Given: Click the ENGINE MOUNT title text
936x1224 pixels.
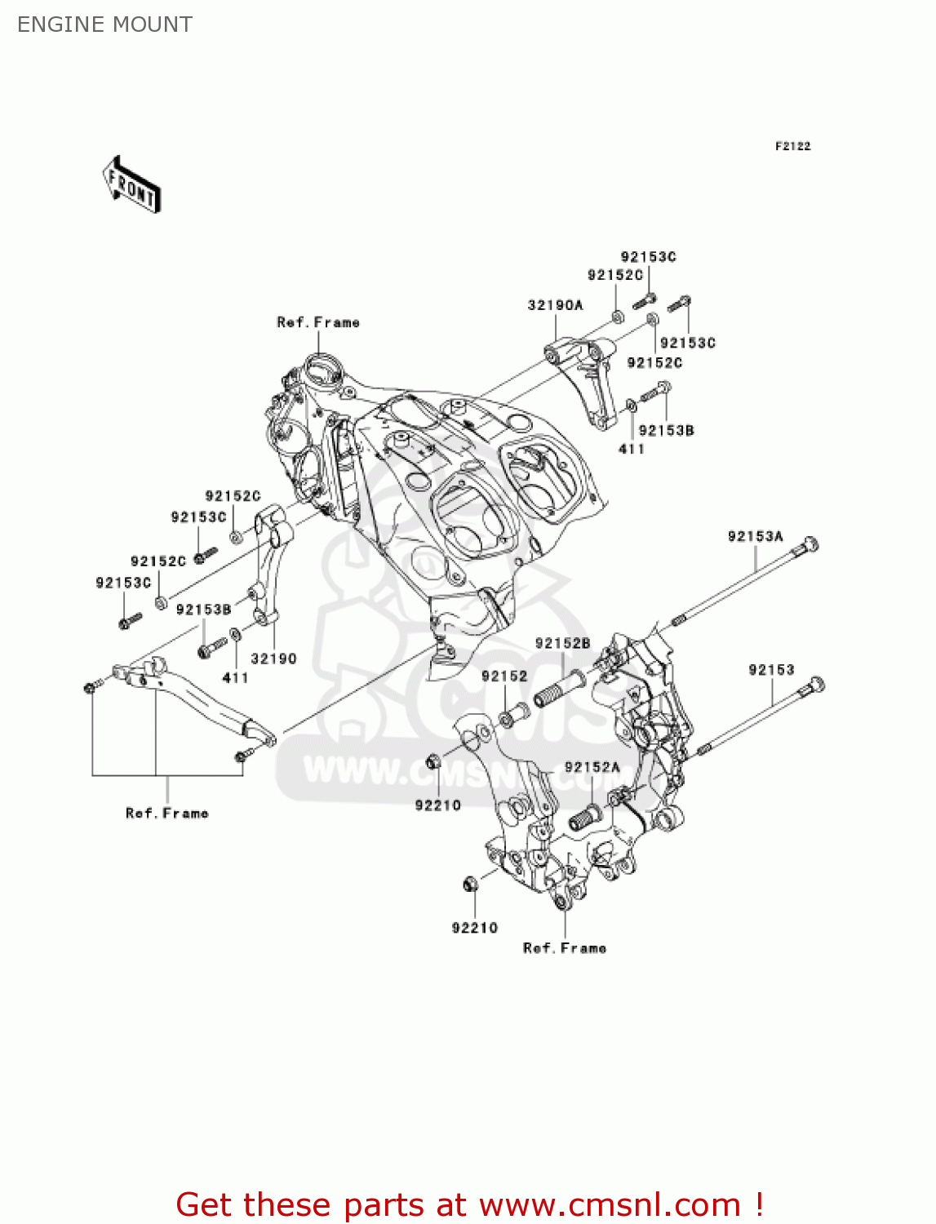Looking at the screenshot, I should (x=104, y=24).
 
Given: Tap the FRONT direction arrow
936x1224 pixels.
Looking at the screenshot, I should (x=131, y=185).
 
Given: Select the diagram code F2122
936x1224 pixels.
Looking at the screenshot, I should (x=792, y=146).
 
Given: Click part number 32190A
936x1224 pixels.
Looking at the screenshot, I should (x=555, y=305).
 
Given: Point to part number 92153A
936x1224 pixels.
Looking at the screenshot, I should (x=755, y=536).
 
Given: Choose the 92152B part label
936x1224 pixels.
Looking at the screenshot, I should (x=562, y=644).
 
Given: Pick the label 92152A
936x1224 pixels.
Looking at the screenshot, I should (x=592, y=767).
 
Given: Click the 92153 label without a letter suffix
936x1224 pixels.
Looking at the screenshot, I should (x=771, y=670).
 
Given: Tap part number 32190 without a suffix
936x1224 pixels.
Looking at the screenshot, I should (x=273, y=659).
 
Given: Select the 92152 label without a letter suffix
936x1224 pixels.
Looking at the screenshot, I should (x=504, y=676).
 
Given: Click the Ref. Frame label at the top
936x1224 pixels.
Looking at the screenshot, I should (x=318, y=322).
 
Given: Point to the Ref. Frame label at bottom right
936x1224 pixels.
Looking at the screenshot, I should (x=565, y=948).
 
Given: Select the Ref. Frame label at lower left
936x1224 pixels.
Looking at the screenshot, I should (x=167, y=814).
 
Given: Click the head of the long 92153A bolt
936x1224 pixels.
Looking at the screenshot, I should (x=810, y=544).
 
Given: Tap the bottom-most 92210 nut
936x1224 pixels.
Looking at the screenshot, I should (x=470, y=885).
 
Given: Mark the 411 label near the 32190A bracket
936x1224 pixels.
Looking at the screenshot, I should (x=631, y=449).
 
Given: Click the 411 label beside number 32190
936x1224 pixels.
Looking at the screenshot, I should (x=235, y=678).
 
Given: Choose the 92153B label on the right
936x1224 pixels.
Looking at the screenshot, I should (x=666, y=430).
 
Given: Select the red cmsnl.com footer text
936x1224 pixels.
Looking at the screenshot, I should (x=469, y=1204).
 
